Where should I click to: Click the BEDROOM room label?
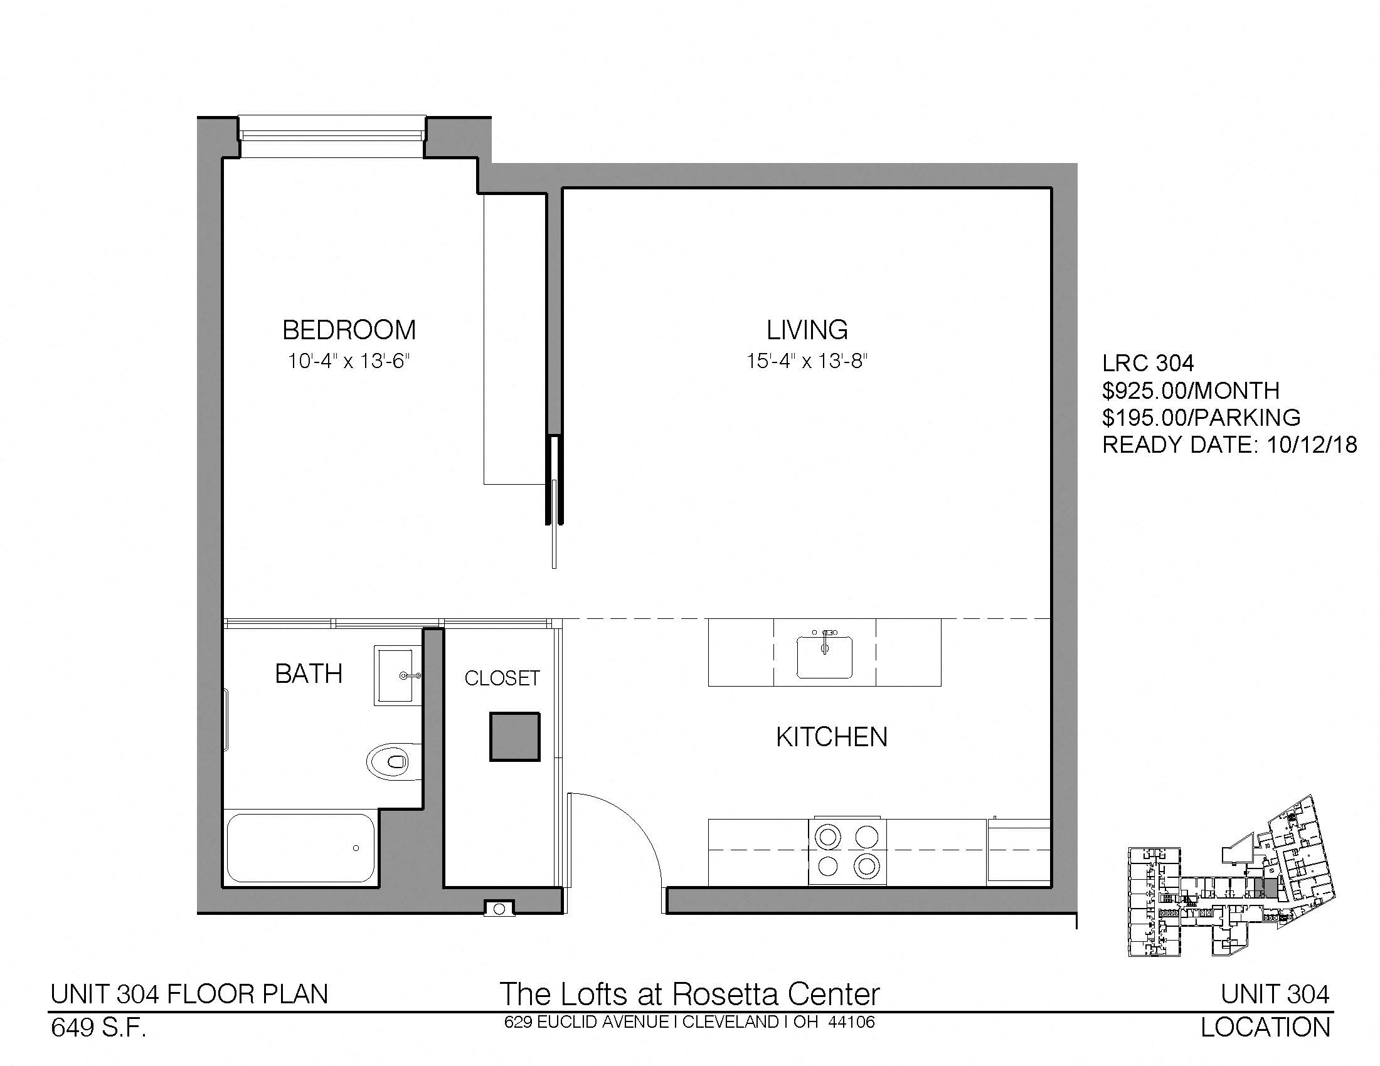[349, 330]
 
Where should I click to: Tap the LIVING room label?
[807, 330]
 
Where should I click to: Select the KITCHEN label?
[832, 737]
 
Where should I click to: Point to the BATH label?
[309, 674]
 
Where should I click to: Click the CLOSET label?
[502, 678]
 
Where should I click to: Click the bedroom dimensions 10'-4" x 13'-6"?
[349, 361]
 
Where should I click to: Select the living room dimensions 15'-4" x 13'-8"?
[807, 361]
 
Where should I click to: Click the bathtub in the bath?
[300, 848]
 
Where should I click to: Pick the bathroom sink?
[398, 675]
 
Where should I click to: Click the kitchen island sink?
[824, 655]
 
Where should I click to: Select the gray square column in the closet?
[514, 736]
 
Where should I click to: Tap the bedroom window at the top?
[331, 137]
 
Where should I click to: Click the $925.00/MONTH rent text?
[1191, 391]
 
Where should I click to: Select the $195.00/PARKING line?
[1201, 418]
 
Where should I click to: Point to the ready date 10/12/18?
[1312, 445]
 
